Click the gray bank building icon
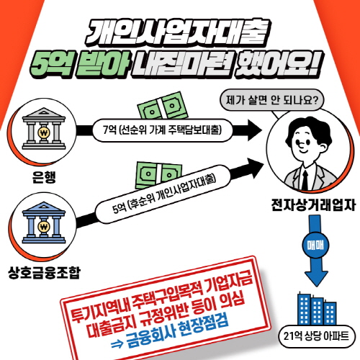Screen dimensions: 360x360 pos(44,129)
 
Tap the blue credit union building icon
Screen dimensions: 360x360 pos(44,222)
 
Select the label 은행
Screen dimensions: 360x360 pos(44,177)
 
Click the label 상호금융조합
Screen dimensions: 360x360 pos(44,272)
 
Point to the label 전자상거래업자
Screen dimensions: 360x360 pos(313,205)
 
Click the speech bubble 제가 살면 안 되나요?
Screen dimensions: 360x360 pos(271,100)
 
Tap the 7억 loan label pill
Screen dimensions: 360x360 pos(162,130)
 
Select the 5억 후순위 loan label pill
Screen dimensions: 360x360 pos(163,194)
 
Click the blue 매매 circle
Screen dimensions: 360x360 pos(315,246)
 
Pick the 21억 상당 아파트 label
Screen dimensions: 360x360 pos(316,336)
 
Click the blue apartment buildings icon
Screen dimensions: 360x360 pos(317,309)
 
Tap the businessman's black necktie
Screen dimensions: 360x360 pos(305,180)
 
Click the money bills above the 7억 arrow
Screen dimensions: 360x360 pos(163,106)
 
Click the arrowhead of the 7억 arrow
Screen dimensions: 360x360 pos(255,130)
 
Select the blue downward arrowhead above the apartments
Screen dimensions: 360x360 pos(316,279)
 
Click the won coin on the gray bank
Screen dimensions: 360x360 pos(44,132)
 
